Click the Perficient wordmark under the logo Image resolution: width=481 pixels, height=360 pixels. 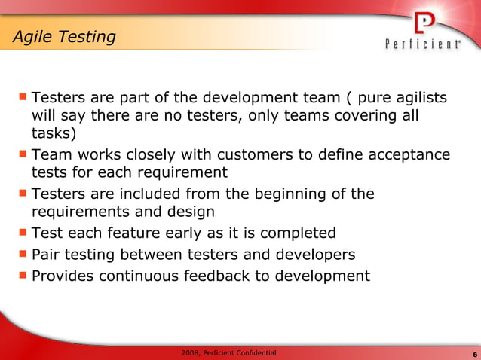click(423, 44)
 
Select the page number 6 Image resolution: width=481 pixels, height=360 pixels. click(473, 354)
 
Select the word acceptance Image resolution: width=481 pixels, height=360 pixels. click(408, 155)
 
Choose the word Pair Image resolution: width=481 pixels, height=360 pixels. click(47, 255)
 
